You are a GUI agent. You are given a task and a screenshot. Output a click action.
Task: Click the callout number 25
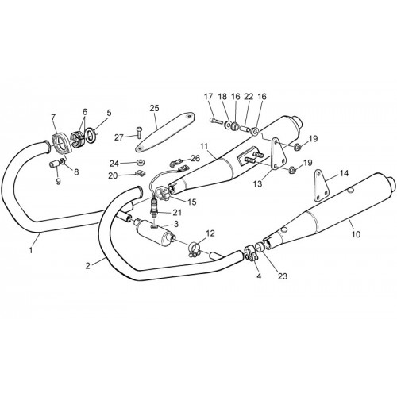tap(155, 108)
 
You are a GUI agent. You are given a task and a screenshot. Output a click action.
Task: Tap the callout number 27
tap(119, 137)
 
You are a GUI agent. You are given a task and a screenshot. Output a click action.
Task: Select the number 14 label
tap(344, 173)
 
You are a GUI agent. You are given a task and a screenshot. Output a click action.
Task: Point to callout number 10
tap(357, 234)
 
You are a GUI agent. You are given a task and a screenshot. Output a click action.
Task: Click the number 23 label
tap(283, 276)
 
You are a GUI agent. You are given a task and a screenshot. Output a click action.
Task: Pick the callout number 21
tap(177, 212)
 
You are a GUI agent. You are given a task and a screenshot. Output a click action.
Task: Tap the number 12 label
tap(210, 233)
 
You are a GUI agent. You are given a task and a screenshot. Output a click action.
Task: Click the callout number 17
tap(208, 97)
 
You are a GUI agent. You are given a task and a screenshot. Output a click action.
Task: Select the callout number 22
tap(249, 97)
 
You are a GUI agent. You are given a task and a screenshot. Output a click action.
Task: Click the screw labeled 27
tap(139, 132)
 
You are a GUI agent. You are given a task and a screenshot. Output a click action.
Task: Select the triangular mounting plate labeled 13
tap(278, 154)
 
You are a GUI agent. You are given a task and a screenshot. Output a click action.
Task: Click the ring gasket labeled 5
tap(91, 134)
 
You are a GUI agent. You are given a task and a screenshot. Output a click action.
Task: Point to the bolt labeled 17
tap(217, 121)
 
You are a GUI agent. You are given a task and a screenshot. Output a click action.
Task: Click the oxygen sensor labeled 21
tap(154, 208)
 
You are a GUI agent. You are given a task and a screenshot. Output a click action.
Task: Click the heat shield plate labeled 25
tap(165, 132)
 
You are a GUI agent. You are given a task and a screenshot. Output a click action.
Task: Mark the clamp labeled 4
tap(252, 253)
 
